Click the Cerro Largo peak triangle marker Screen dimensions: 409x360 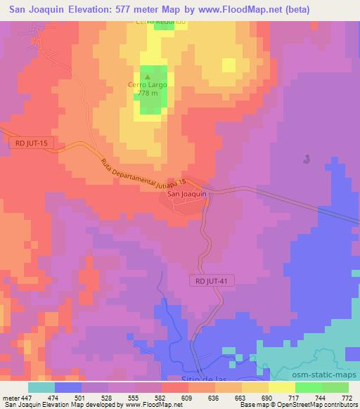pos(147,77)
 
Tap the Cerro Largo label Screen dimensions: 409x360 pos(147,85)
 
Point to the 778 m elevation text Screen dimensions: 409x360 pos(147,93)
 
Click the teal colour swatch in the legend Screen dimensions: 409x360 pos(41,387)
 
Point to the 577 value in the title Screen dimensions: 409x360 pos(141,9)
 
